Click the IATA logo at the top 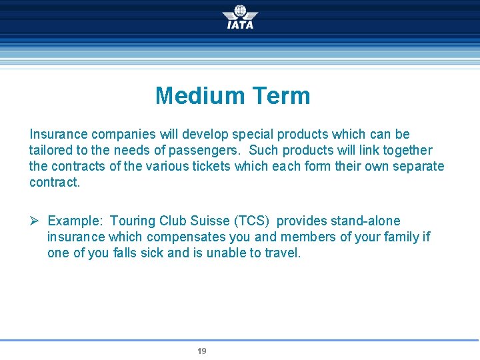tap(240, 17)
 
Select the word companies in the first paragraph tap(120, 135)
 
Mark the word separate tap(419, 167)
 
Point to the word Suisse tap(210, 221)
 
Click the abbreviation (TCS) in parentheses tap(253, 221)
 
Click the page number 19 tap(202, 351)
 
